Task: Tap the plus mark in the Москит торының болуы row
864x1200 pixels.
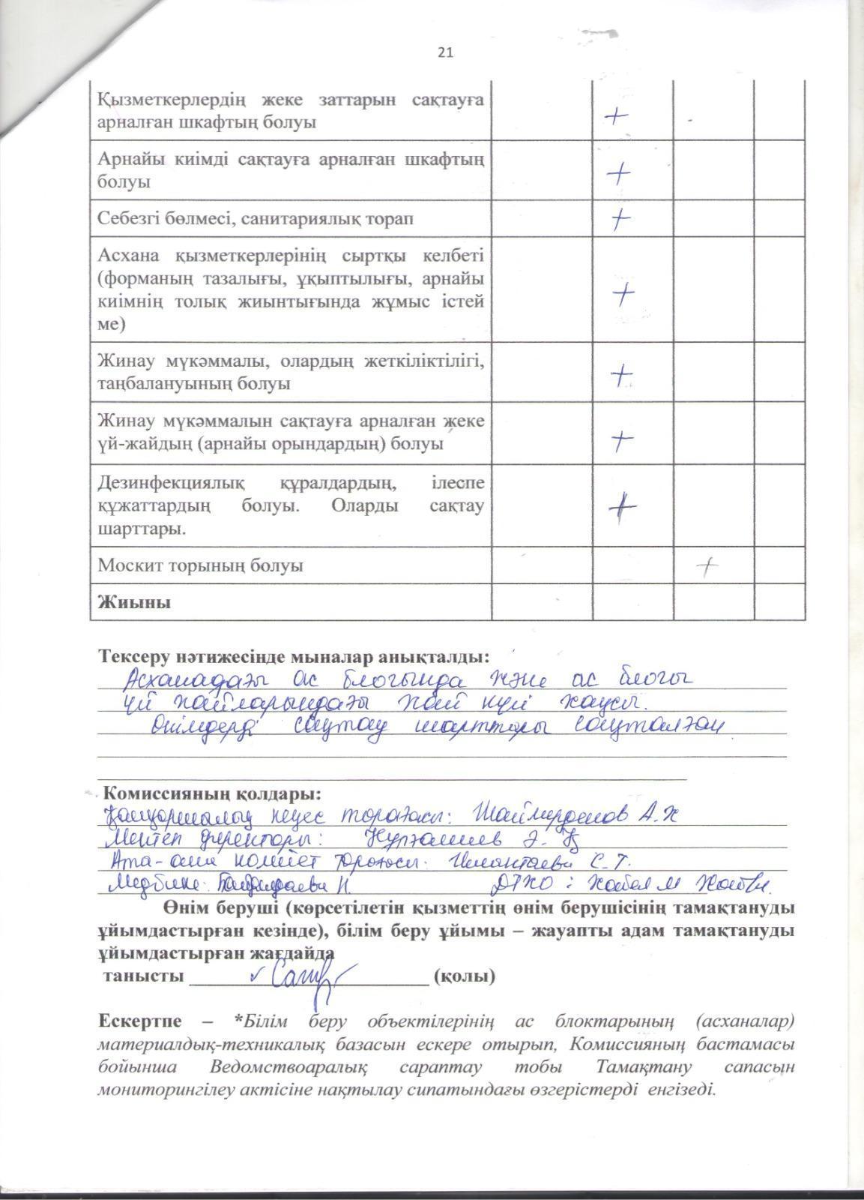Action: pyautogui.click(x=706, y=567)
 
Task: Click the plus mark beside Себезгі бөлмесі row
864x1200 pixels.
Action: pyautogui.click(x=619, y=220)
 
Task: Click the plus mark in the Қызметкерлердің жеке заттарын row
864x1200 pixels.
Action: pyautogui.click(x=616, y=116)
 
